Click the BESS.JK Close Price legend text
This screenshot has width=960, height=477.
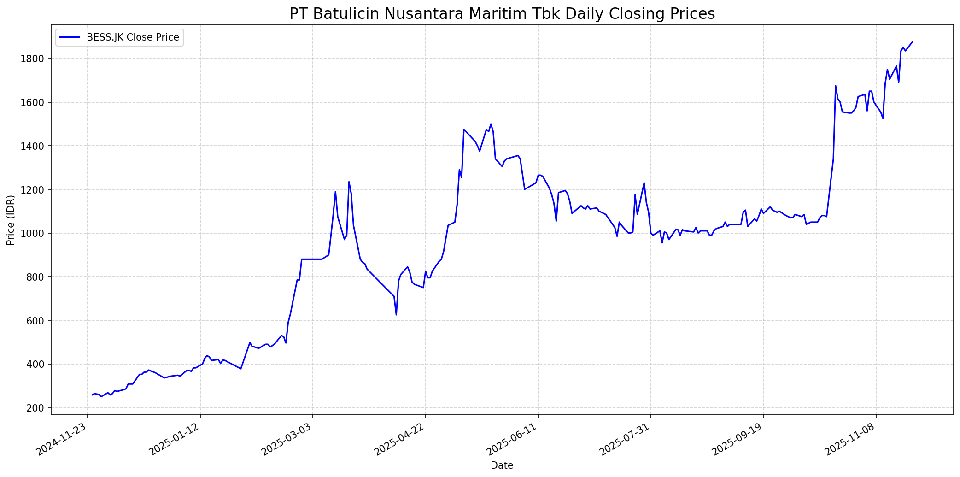[133, 37]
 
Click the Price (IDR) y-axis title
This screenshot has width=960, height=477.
[11, 220]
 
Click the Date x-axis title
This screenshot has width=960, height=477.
[502, 465]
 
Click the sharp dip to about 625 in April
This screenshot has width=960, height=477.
[396, 315]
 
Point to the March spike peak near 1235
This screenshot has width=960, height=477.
[349, 182]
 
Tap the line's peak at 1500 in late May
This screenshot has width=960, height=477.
[491, 124]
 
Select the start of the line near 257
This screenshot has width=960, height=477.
[92, 395]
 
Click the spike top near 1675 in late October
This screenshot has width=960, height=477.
[835, 86]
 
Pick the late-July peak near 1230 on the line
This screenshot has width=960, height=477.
[644, 183]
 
